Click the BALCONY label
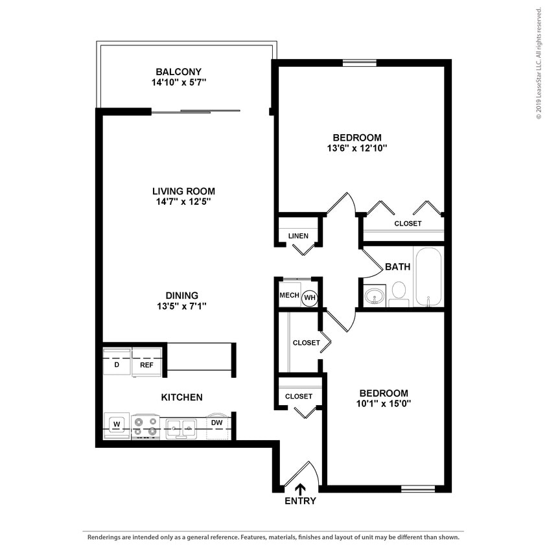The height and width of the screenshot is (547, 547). pyautogui.click(x=178, y=71)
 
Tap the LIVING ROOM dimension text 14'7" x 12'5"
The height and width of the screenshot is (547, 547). pyautogui.click(x=183, y=202)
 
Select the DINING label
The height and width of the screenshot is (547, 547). pyautogui.click(x=181, y=295)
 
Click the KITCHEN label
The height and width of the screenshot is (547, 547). pyautogui.click(x=182, y=397)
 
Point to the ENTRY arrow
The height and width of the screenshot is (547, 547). pyautogui.click(x=300, y=489)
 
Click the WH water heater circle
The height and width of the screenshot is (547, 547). pyautogui.click(x=310, y=297)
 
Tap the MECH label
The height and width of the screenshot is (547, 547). pyautogui.click(x=289, y=296)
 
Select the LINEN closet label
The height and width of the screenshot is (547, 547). pyautogui.click(x=298, y=236)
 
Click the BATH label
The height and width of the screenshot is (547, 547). pyautogui.click(x=397, y=266)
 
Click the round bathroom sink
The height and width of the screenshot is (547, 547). pyautogui.click(x=374, y=297)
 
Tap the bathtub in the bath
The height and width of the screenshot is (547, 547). pyautogui.click(x=428, y=277)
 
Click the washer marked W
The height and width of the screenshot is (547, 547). pyautogui.click(x=117, y=425)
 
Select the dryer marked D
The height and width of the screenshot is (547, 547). pyautogui.click(x=117, y=365)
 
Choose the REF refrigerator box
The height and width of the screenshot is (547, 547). pyautogui.click(x=146, y=365)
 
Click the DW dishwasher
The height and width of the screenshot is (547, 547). pyautogui.click(x=217, y=424)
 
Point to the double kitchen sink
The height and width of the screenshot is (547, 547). pyautogui.click(x=181, y=426)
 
